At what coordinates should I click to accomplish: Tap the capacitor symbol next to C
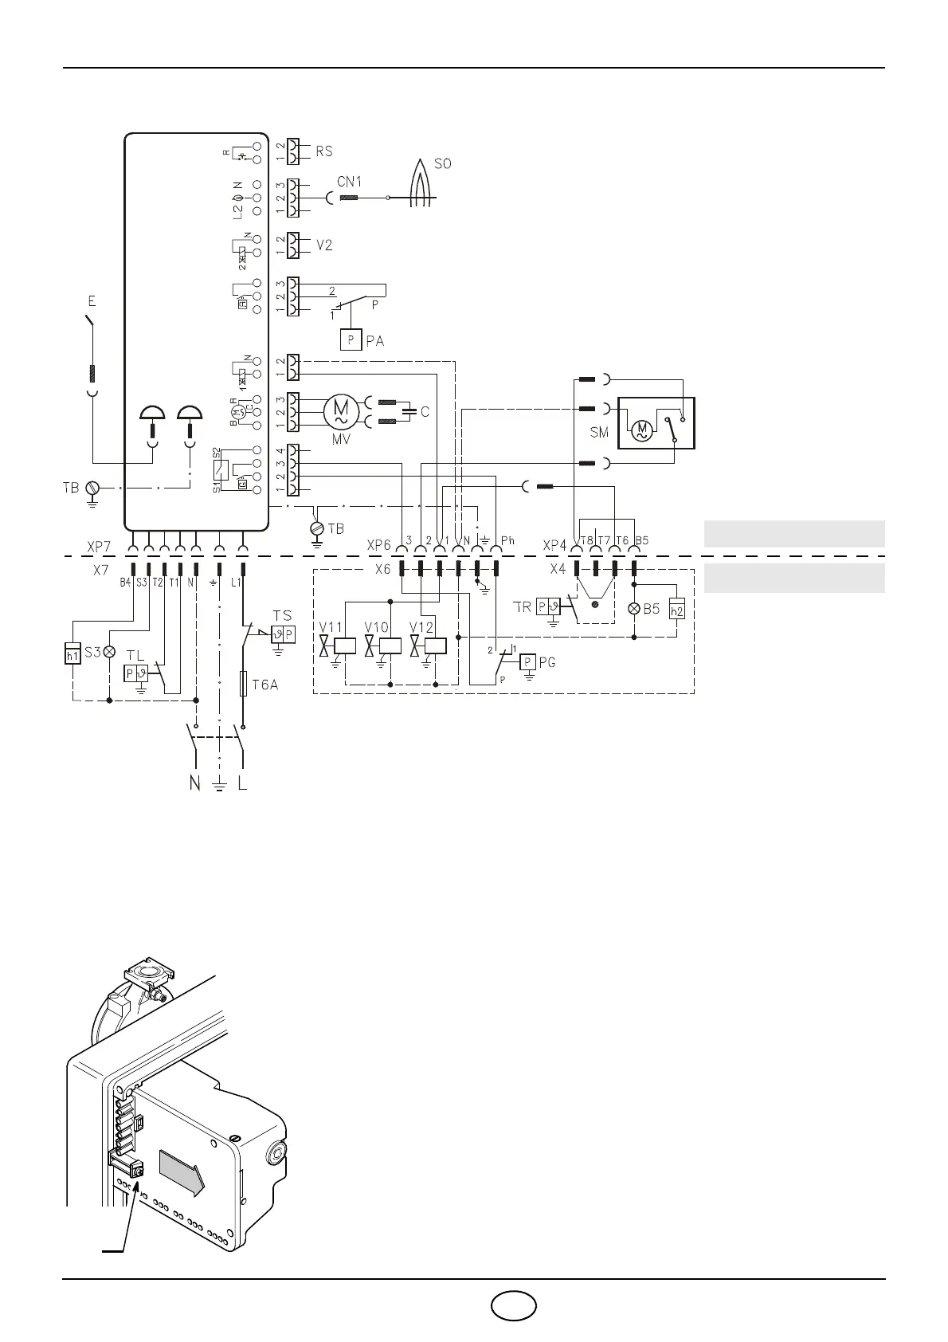pyautogui.click(x=409, y=412)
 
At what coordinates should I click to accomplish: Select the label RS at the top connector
pyautogui.click(x=324, y=151)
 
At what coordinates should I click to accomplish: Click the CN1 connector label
pyautogui.click(x=349, y=182)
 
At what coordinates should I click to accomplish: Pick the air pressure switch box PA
pyautogui.click(x=351, y=340)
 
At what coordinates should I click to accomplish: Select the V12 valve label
pyautogui.click(x=421, y=627)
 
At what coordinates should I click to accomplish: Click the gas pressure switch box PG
pyautogui.click(x=528, y=662)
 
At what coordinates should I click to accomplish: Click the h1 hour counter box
pyautogui.click(x=72, y=653)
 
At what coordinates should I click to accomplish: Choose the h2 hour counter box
pyautogui.click(x=676, y=610)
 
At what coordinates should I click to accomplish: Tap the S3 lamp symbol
pyautogui.click(x=109, y=651)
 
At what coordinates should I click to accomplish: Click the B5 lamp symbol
pyautogui.click(x=634, y=609)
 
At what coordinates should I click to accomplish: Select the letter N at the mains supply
pyautogui.click(x=194, y=783)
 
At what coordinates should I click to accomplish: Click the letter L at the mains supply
pyautogui.click(x=243, y=783)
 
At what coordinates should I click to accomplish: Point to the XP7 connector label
pyautogui.click(x=99, y=547)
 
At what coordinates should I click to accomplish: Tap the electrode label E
pyautogui.click(x=92, y=301)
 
